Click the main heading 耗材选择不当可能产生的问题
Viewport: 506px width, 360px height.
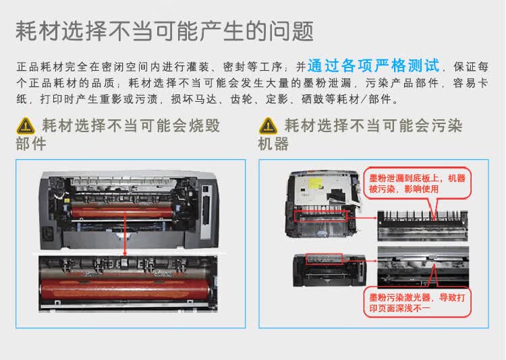point(164,30)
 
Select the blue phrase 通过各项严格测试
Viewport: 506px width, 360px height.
point(374,67)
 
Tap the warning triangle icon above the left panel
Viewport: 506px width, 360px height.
point(26,125)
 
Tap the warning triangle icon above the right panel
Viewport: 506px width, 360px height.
point(269,125)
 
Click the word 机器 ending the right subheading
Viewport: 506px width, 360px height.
point(273,144)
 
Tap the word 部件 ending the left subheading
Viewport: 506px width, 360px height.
point(30,144)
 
